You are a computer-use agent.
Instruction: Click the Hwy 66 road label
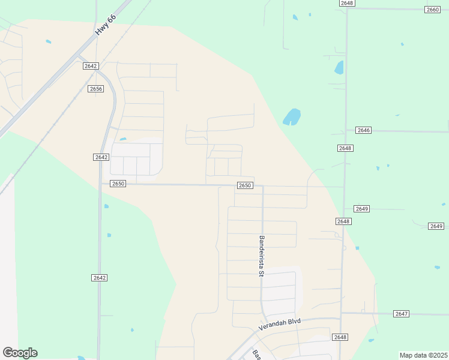pyautogui.click(x=104, y=27)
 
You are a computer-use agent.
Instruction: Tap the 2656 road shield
pyautogui.click(x=95, y=89)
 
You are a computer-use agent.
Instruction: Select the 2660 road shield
pyautogui.click(x=432, y=10)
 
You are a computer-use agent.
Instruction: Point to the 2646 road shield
pyautogui.click(x=363, y=130)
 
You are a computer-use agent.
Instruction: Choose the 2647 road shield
pyautogui.click(x=402, y=314)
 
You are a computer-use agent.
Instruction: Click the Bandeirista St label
pyautogui.click(x=262, y=256)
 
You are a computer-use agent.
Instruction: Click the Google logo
pyautogui.click(x=20, y=353)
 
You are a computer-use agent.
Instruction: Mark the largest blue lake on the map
pyautogui.click(x=292, y=116)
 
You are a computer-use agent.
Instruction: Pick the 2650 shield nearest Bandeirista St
pyautogui.click(x=244, y=185)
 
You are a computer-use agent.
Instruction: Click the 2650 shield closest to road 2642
pyautogui.click(x=118, y=184)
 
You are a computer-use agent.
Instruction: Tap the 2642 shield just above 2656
pyautogui.click(x=91, y=66)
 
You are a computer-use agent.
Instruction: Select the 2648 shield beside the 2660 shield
pyautogui.click(x=346, y=3)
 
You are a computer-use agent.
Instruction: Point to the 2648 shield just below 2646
pyautogui.click(x=345, y=148)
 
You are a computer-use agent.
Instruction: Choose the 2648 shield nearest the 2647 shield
pyautogui.click(x=340, y=337)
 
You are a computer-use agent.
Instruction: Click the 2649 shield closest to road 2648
pyautogui.click(x=361, y=208)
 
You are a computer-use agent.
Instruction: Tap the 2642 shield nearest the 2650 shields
pyautogui.click(x=101, y=157)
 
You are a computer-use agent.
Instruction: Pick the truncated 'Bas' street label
pyautogui.click(x=256, y=353)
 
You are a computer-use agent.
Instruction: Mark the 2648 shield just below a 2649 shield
pyautogui.click(x=343, y=221)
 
